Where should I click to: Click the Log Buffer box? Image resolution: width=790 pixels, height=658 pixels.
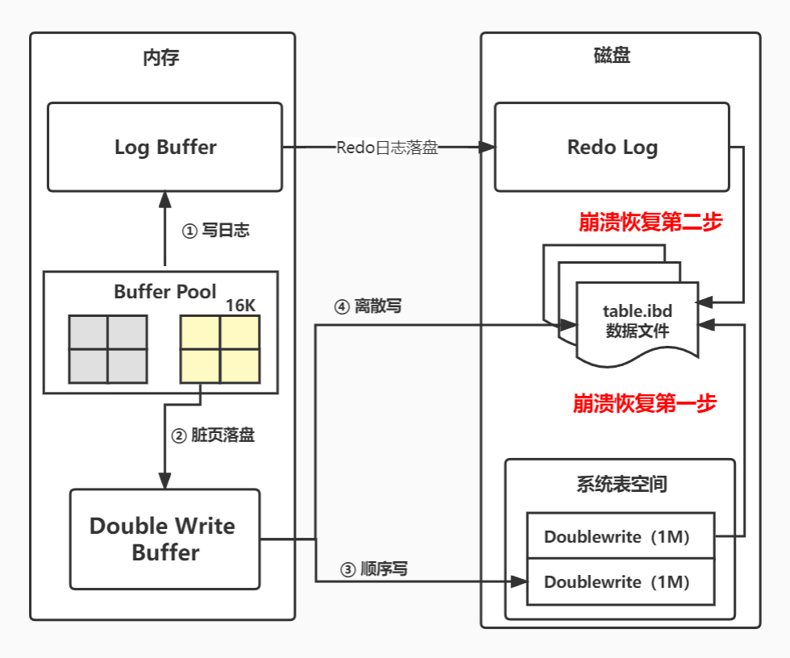[x=164, y=147]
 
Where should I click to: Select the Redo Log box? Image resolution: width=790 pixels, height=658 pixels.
[x=612, y=147]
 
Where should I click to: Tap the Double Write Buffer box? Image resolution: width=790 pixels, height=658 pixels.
[x=164, y=539]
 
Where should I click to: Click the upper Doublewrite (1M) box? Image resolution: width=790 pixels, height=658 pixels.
[x=621, y=535]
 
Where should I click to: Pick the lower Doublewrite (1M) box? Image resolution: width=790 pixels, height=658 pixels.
[x=621, y=582]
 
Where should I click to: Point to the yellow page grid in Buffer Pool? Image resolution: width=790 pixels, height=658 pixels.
[x=220, y=349]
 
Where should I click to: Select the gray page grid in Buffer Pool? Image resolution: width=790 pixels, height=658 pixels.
[x=108, y=349]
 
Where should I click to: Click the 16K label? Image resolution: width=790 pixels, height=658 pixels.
[x=240, y=306]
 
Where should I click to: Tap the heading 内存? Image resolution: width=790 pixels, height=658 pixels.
[x=160, y=58]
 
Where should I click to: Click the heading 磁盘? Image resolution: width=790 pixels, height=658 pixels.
[x=612, y=56]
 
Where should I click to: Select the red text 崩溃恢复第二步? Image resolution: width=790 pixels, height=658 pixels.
[x=651, y=222]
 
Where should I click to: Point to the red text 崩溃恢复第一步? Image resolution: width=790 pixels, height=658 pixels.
[x=644, y=403]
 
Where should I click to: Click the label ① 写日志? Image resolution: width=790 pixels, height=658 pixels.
[x=216, y=231]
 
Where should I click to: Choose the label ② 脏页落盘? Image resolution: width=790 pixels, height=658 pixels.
[x=213, y=435]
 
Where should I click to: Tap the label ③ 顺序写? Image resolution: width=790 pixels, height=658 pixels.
[x=374, y=569]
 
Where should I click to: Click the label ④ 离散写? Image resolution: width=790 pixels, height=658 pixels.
[x=368, y=306]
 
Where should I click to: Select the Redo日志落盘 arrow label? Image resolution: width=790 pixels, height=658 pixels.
[x=387, y=148]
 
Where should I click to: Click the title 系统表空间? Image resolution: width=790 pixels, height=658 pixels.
[x=622, y=484]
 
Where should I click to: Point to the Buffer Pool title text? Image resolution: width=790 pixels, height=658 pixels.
[x=164, y=292]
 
